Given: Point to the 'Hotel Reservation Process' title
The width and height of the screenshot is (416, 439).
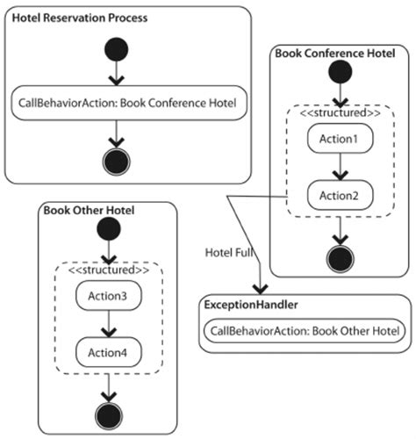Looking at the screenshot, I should pyautogui.click(x=68, y=17).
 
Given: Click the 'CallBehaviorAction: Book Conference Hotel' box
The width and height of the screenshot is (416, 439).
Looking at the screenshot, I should pyautogui.click(x=128, y=102).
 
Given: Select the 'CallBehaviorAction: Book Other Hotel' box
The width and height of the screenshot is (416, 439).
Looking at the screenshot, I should pyautogui.click(x=305, y=331).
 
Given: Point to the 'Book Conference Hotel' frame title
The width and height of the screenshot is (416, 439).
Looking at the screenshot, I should pyautogui.click(x=334, y=54).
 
